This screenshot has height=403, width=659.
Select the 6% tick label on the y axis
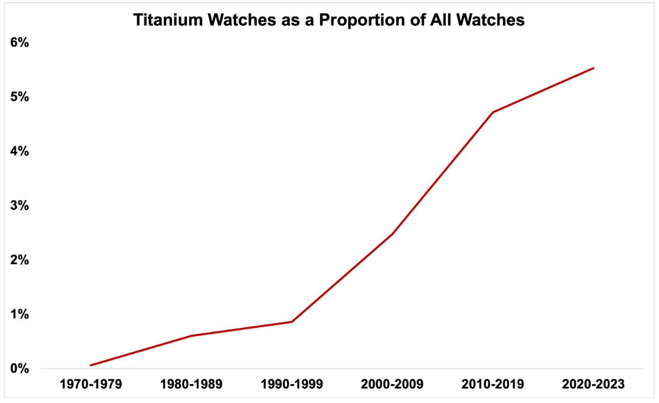[19, 42]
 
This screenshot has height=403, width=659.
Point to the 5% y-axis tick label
[19, 97]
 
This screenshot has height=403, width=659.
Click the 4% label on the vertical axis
[19, 151]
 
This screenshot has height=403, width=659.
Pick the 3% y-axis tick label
[19, 206]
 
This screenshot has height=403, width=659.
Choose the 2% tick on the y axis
[19, 260]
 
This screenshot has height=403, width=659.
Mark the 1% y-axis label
[19, 314]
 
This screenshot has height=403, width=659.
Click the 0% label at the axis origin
[19, 369]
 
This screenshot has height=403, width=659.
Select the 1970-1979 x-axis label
[92, 385]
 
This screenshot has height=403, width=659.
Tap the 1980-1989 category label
[192, 385]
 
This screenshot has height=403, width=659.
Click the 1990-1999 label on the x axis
[292, 385]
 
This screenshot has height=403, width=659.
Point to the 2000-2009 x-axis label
[392, 385]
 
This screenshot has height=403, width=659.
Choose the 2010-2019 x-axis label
[493, 385]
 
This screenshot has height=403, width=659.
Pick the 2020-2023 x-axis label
[593, 385]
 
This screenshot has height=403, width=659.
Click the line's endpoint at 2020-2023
[593, 68]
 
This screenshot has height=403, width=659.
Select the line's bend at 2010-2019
[493, 112]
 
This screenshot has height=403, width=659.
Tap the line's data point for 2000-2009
[392, 234]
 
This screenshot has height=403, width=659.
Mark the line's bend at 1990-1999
[292, 321]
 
